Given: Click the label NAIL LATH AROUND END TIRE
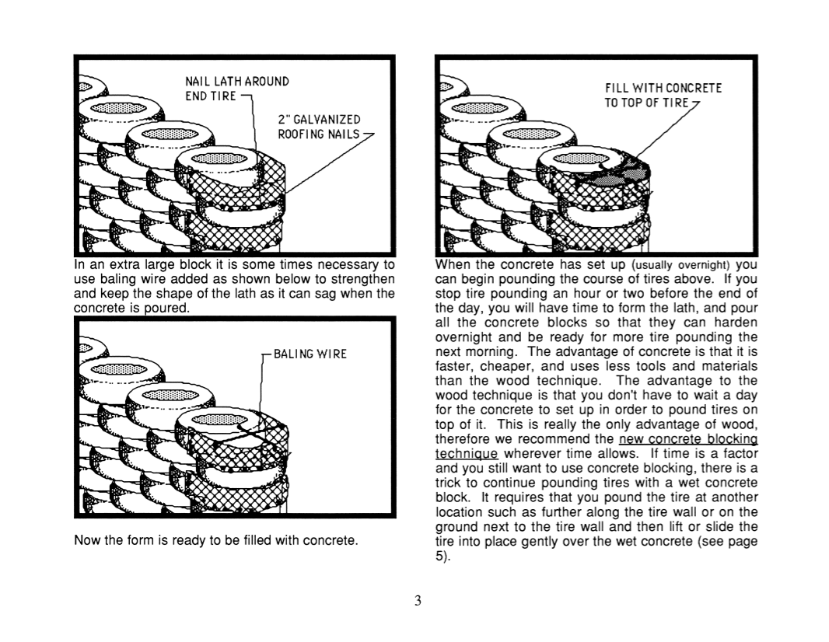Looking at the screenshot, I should pos(236,88).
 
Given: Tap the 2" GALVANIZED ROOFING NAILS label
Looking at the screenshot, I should pos(320,126).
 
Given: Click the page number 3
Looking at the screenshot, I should pos(418,600).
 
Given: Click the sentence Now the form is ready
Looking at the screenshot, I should pos(216,539).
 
